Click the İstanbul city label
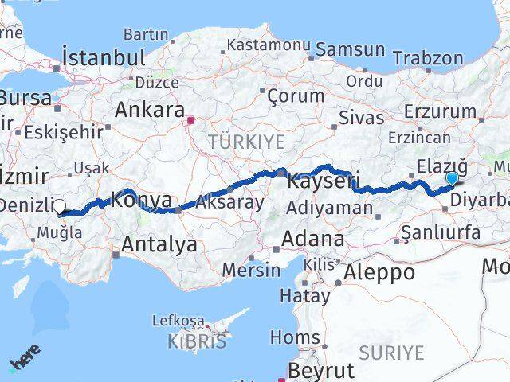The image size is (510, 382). (x=104, y=57)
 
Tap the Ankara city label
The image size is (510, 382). (x=150, y=110)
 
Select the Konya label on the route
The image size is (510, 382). (x=140, y=200)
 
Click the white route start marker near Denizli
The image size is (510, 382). (x=60, y=207)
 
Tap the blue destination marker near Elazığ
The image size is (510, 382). (x=453, y=178)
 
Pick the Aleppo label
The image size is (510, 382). (x=379, y=272)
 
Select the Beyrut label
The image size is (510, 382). (x=320, y=371)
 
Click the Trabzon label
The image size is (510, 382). (x=427, y=58)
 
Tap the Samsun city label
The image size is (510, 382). (x=350, y=49)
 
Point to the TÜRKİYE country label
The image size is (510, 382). (x=245, y=142)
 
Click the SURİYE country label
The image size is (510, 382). (x=391, y=351)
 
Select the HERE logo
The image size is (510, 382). (x=25, y=361)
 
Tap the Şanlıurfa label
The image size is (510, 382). (x=441, y=233)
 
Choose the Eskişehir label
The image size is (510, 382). (x=64, y=131)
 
